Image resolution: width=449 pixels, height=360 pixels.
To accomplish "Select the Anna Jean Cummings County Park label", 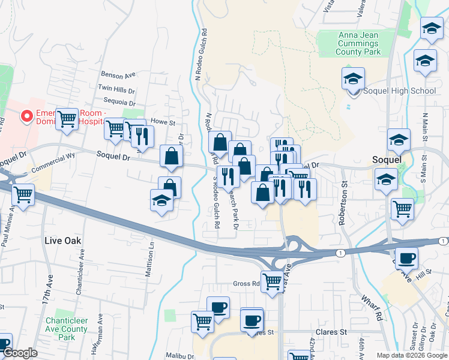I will point(359,44).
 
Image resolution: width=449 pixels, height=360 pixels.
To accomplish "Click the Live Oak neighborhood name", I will point(62,241).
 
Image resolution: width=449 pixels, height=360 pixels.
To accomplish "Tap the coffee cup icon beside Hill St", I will point(406,259).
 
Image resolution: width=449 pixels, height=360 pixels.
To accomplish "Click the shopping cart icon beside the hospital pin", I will point(67,118).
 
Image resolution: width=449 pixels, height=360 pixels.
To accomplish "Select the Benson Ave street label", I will point(119,76).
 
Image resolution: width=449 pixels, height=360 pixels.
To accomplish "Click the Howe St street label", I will point(162,122).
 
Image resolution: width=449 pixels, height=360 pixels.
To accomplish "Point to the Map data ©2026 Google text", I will point(412,355).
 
